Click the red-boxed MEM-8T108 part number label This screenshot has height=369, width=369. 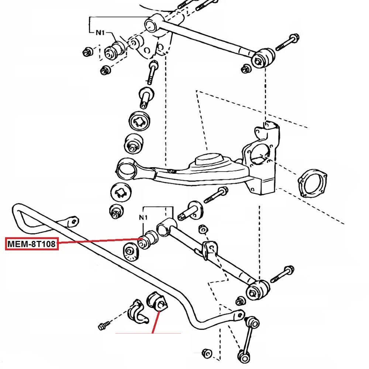pos(32,244)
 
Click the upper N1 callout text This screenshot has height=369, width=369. pos(100,33)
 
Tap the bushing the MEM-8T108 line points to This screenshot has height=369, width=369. pos(149,239)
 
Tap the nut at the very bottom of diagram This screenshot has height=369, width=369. pos(208,353)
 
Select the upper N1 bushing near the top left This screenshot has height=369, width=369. pos(114,50)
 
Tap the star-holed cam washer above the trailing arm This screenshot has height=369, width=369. pos(140,120)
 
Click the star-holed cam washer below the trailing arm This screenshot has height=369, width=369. pos(121,192)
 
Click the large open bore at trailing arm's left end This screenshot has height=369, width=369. pos(125,169)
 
